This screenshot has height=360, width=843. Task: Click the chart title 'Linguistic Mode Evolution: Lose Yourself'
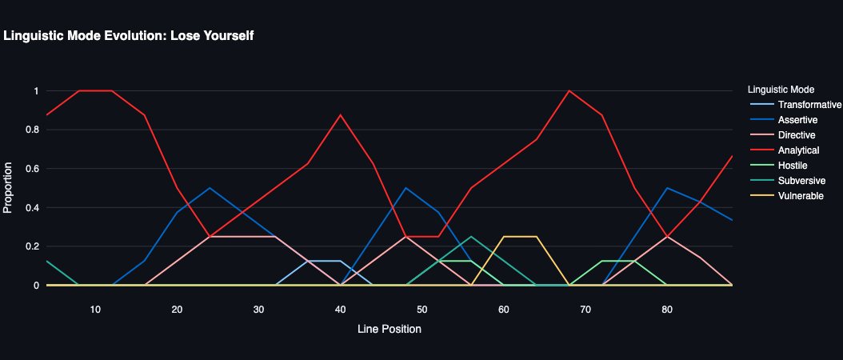(129, 36)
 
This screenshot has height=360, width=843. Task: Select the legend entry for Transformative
(809, 105)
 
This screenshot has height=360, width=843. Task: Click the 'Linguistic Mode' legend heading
(780, 89)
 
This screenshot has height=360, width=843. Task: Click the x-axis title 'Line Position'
(390, 329)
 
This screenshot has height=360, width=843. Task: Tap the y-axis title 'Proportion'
(8, 188)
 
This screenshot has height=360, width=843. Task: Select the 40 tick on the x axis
(340, 310)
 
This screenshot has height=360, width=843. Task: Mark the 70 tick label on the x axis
(585, 310)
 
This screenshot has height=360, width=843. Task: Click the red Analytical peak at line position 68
(569, 91)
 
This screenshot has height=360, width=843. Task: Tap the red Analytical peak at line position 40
(341, 115)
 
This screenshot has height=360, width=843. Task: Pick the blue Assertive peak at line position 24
(210, 188)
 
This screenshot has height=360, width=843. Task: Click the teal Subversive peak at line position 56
(471, 237)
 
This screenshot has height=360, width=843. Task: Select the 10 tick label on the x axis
(95, 310)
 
